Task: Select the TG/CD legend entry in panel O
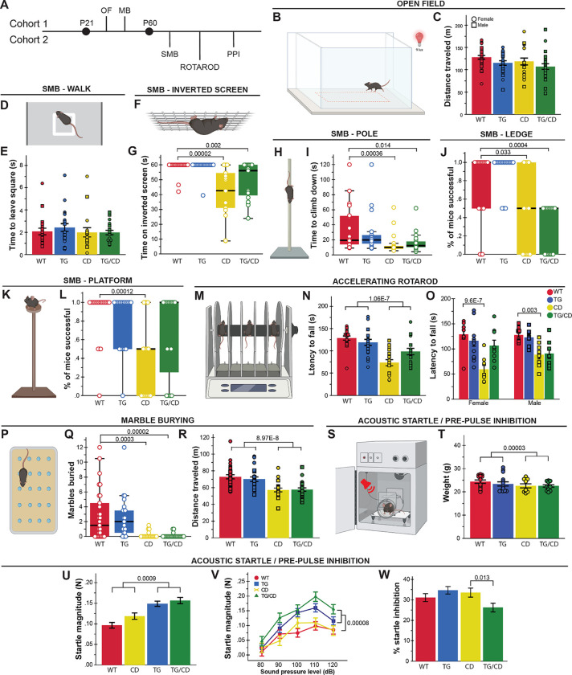pos(551,316)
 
